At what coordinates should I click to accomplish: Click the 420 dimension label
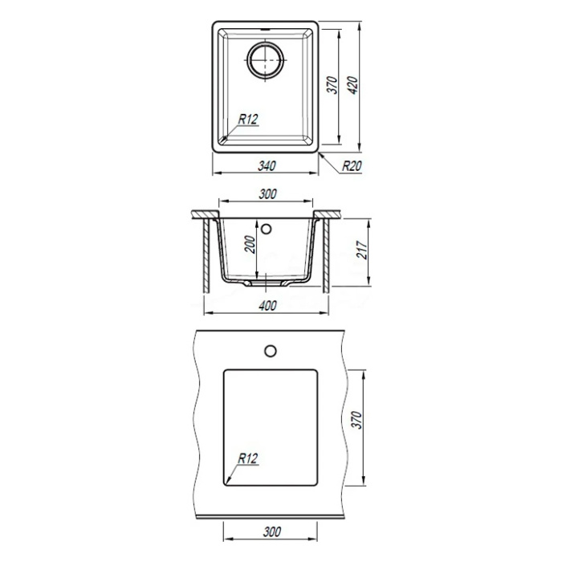(x=353, y=85)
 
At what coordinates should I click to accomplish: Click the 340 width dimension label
(x=267, y=166)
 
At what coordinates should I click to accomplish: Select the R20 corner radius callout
(x=352, y=166)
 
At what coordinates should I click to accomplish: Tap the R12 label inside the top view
(x=248, y=120)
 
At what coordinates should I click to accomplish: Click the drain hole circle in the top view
(x=265, y=59)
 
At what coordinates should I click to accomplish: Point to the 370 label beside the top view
(x=333, y=85)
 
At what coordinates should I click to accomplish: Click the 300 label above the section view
(x=267, y=194)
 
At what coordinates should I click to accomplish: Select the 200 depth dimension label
(x=250, y=244)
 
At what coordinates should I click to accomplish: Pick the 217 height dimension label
(x=362, y=250)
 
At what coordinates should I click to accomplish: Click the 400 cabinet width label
(x=267, y=306)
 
